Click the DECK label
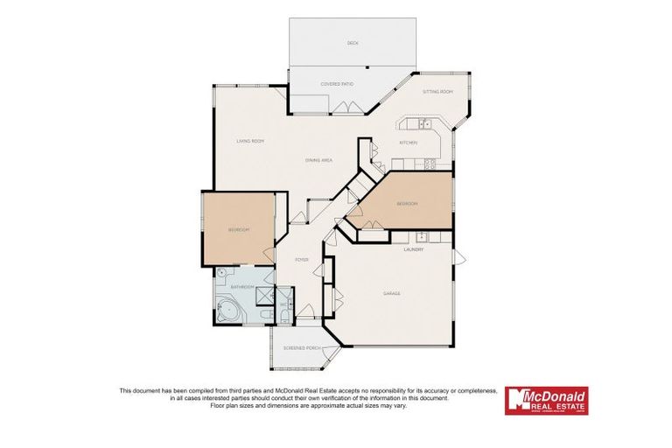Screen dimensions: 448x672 point(353,43)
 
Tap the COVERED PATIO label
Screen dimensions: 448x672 point(336,84)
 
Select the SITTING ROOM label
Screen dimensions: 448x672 point(437,91)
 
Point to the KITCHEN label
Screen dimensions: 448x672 point(409,143)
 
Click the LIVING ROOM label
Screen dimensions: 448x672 point(250,141)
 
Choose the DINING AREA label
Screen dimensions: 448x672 point(318,160)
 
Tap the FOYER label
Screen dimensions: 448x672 point(302,260)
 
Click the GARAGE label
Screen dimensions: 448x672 point(391,293)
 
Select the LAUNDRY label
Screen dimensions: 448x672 point(414,249)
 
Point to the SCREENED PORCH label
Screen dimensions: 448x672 point(300,348)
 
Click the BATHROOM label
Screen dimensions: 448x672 point(241,287)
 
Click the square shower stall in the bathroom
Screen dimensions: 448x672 point(262,297)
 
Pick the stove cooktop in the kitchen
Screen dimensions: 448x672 point(430,164)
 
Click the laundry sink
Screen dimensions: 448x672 point(421,235)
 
